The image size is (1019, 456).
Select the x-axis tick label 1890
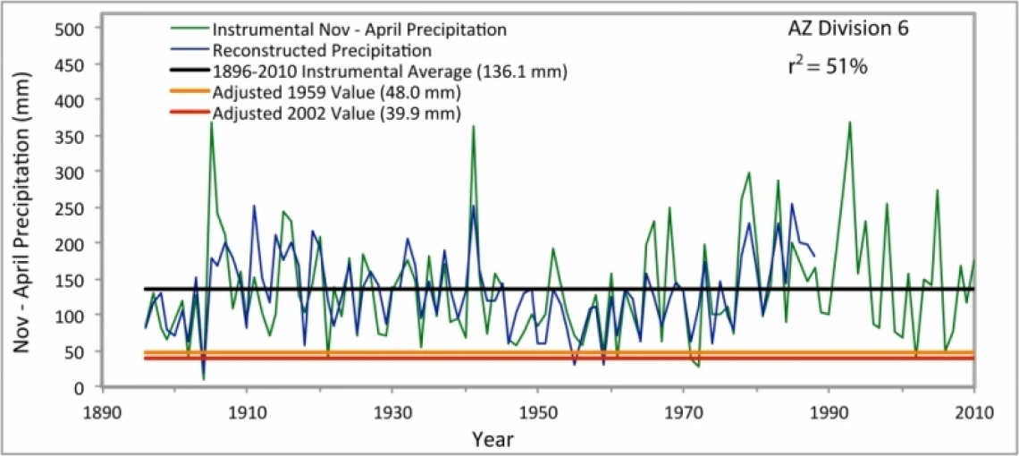pos(103,413)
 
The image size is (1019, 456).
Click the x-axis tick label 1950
pos(537,413)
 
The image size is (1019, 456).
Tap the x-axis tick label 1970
pos(683,413)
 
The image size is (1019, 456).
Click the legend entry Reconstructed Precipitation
pos(323,50)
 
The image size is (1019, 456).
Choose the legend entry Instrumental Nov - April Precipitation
pos(359,30)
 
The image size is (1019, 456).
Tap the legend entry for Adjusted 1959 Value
pos(337,92)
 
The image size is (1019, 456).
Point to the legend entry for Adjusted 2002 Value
pos(337,114)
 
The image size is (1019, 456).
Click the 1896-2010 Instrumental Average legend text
pos(391,71)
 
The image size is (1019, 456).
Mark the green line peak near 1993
pos(849,122)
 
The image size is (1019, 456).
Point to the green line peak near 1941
pos(474,125)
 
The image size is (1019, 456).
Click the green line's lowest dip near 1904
pos(204,379)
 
